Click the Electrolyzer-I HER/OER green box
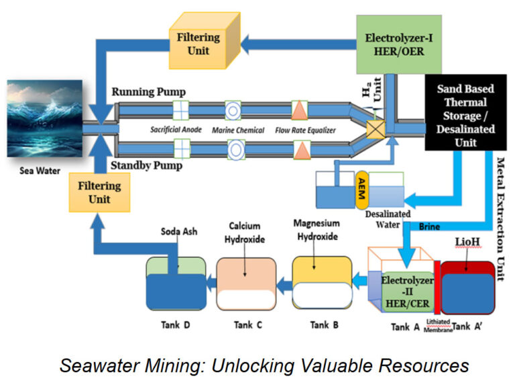point(392,44)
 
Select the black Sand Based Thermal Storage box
point(465,116)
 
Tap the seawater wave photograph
point(44,124)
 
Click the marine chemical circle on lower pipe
point(234,146)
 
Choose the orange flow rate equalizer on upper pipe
point(298,109)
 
